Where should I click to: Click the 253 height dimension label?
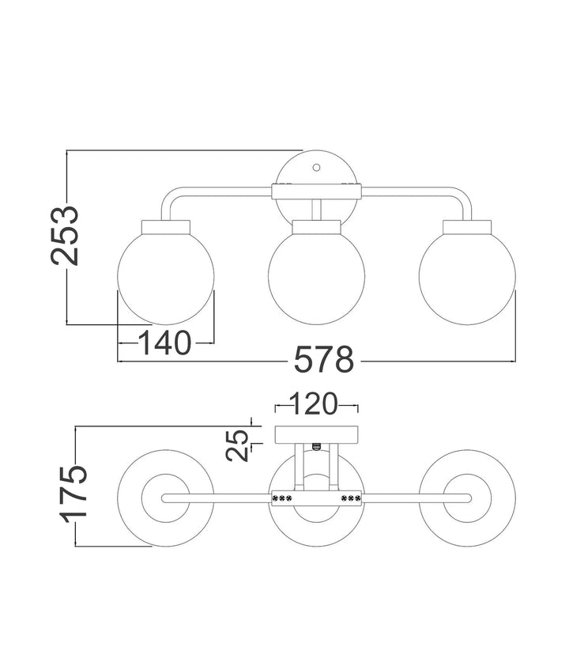click(65, 236)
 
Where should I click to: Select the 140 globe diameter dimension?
click(164, 343)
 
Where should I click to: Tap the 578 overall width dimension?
click(324, 359)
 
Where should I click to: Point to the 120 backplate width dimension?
click(314, 403)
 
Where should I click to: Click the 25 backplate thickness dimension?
click(237, 445)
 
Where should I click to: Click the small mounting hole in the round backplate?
click(316, 168)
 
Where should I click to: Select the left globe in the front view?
click(166, 276)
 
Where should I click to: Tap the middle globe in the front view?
click(316, 276)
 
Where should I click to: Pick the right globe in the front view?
click(467, 276)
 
